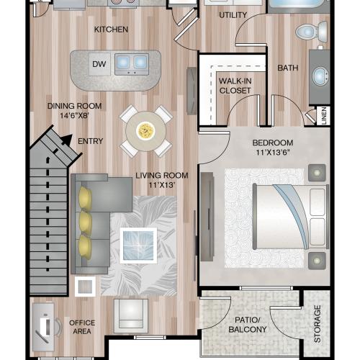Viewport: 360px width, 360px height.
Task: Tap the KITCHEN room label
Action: pos(111,30)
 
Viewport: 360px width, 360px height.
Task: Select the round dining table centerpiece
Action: pos(146,130)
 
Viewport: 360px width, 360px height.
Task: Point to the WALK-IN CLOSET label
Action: pos(235,86)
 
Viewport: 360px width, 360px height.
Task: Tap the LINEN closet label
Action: pos(324,116)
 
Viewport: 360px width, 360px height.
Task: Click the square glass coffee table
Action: pos(138,245)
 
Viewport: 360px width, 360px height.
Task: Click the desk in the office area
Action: pos(45,326)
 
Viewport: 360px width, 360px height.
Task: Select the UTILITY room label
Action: pos(233,14)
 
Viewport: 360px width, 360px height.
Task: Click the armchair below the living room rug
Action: pos(131,315)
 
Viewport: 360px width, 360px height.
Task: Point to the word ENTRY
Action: pos(89,141)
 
